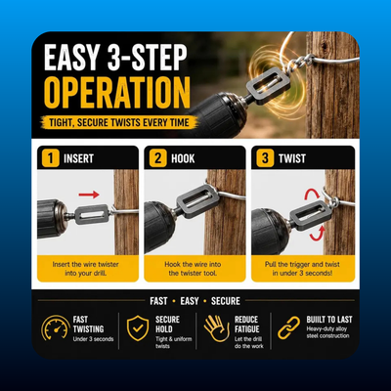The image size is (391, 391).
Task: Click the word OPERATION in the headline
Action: pos(117,93)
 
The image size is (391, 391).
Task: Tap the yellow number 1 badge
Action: pos(50,158)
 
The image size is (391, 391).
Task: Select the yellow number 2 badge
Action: pos(157,158)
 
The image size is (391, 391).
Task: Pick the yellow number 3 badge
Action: pos(265,158)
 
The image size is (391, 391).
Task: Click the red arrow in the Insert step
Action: pos(89,195)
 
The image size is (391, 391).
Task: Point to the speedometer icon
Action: pos(56,327)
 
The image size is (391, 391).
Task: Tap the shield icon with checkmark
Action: pos(138,327)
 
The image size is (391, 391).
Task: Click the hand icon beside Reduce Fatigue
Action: pos(217,328)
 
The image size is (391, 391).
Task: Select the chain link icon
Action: pos(288,327)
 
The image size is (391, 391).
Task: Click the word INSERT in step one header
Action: pos(78,158)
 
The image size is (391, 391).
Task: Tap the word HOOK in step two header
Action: pos(183,158)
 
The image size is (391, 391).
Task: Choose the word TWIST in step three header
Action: pos(292,158)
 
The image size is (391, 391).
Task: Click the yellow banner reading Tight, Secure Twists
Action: pos(119,122)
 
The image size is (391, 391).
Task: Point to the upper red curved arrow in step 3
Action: pos(312,193)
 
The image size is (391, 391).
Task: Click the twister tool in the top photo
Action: pos(268,86)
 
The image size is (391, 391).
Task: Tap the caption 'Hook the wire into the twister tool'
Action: pos(193,269)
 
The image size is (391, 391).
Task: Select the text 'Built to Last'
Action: pos(329,320)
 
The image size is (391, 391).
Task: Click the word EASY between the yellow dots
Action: pos(190,301)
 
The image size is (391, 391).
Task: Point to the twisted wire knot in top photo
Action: pos(301,64)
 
